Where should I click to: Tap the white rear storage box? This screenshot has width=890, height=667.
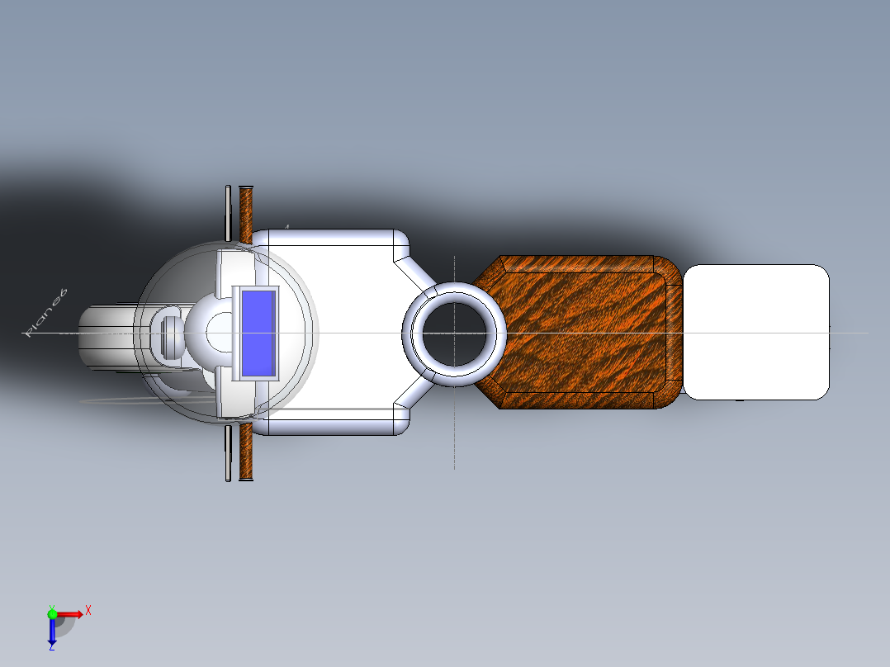pos(755,332)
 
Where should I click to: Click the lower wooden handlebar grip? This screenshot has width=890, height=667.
pos(245,452)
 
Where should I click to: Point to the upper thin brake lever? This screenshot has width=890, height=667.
pos(228,211)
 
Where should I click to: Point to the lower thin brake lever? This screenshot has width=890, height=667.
pos(228,453)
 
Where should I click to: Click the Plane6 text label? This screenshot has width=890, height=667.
pos(46,314)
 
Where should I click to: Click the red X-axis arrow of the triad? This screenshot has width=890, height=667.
pos(71,613)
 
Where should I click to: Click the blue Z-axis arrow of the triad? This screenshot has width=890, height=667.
pos(51,632)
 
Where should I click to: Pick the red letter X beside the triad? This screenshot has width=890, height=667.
pos(88,610)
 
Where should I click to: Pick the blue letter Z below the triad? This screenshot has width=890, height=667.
pos(51,648)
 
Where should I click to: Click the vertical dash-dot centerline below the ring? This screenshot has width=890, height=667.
pos(454,429)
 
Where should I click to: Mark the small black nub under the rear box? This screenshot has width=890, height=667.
pos(739,401)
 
